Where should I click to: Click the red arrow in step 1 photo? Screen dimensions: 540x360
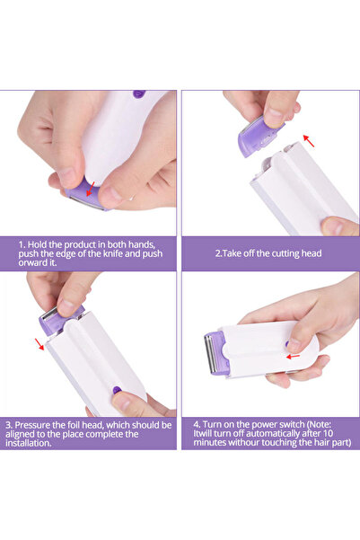point(90,187)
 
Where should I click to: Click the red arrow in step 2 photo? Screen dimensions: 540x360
point(308,140)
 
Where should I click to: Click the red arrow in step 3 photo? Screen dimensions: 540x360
point(40,343)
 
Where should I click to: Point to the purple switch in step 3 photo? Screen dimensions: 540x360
point(117,390)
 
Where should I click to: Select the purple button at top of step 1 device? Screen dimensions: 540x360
point(138,93)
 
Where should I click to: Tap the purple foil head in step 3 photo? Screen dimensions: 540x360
point(61,316)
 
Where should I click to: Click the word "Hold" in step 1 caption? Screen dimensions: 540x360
point(40,243)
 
